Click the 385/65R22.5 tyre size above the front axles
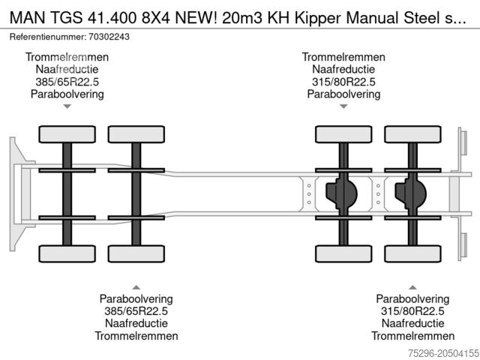(67, 81)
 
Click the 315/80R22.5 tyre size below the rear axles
(412, 311)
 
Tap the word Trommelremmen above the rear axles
(343, 57)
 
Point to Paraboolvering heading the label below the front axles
(136, 298)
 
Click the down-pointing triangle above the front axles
(67, 106)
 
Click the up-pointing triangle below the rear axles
(412, 286)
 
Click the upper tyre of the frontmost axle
(67, 134)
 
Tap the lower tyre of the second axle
(136, 253)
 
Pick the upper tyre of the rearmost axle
(412, 134)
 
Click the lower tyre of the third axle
(343, 253)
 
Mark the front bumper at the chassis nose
(16, 193)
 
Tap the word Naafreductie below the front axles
(136, 323)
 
